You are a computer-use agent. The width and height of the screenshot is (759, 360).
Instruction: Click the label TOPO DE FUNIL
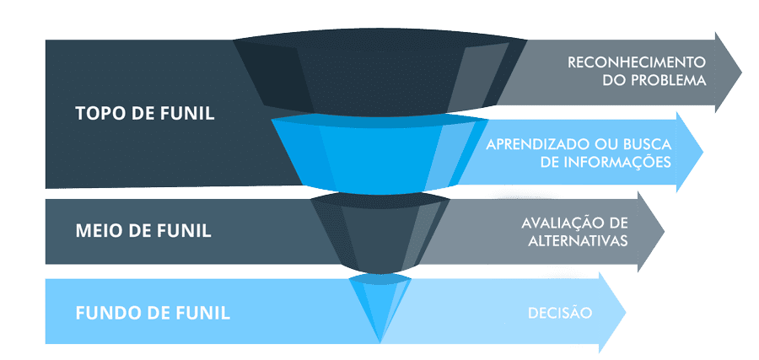pyautogui.click(x=144, y=113)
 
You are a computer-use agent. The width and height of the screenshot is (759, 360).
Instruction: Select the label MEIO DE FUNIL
pyautogui.click(x=143, y=228)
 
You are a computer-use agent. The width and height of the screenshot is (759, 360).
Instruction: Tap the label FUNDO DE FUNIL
pyautogui.click(x=153, y=314)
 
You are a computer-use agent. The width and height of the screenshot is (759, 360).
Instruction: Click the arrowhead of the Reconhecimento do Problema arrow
pyautogui.click(x=727, y=72)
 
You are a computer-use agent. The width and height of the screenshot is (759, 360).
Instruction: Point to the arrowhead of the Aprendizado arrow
pyautogui.click(x=688, y=153)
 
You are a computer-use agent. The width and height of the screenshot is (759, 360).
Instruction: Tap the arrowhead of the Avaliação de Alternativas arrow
pyautogui.click(x=650, y=231)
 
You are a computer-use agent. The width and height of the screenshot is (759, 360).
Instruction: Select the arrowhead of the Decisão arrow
pyautogui.click(x=612, y=313)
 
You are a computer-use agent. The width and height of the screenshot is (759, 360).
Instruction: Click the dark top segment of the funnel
pyautogui.click(x=379, y=76)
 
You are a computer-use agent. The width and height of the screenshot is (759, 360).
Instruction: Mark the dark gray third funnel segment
pyautogui.click(x=380, y=232)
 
